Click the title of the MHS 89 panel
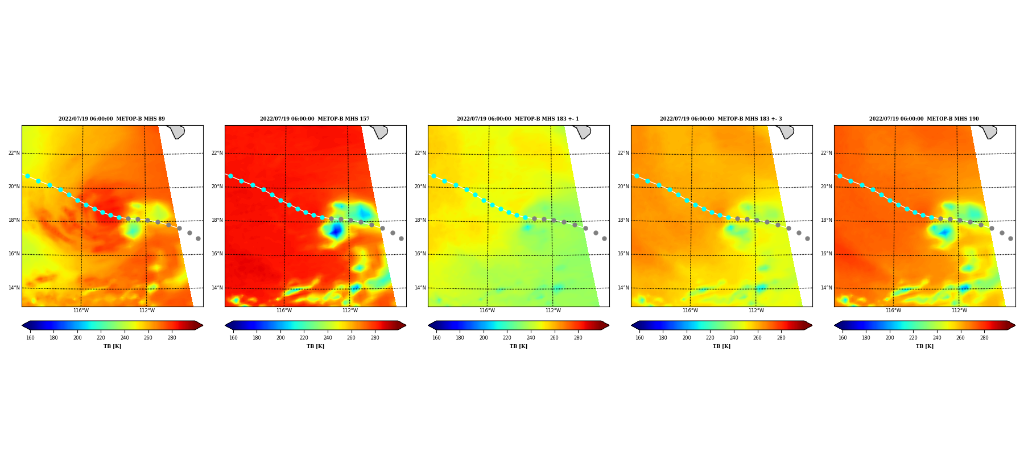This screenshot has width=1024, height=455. click(x=112, y=119)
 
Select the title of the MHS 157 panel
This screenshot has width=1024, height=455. click(x=315, y=119)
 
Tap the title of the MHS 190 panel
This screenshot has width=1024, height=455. click(x=924, y=119)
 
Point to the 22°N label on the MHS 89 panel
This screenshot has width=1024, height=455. click(x=14, y=153)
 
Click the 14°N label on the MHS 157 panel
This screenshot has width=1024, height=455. click(x=217, y=288)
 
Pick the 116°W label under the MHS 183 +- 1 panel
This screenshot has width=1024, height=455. click(x=487, y=311)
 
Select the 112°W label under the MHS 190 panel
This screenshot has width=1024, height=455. click(x=959, y=311)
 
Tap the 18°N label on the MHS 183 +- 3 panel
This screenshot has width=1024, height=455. click(x=624, y=220)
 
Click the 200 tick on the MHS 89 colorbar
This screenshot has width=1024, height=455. click(x=77, y=338)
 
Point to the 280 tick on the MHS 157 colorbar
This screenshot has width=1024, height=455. click(x=375, y=338)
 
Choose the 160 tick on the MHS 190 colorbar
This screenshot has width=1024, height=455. click(x=843, y=338)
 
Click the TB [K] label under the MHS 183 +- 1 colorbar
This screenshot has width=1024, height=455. click(x=518, y=346)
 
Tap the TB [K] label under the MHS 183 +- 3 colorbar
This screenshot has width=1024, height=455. click(x=721, y=346)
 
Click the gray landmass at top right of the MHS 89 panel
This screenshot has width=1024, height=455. click(x=176, y=131)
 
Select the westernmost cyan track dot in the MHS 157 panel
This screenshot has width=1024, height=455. click(x=230, y=176)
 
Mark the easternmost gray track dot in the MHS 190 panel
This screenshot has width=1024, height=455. click(x=1010, y=239)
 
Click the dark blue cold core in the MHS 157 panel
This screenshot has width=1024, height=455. click(x=336, y=230)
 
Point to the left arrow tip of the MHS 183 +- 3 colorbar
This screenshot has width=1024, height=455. click(x=631, y=325)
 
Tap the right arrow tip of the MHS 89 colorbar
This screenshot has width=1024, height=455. click(x=203, y=325)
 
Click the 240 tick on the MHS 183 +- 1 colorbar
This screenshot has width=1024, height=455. click(x=531, y=338)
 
